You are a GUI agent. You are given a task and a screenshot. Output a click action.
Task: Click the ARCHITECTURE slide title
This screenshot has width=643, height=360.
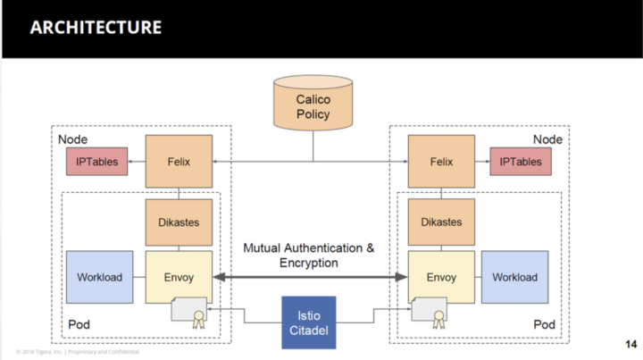point(96,27)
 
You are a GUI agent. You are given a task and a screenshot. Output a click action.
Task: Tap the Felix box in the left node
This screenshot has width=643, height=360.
point(179,161)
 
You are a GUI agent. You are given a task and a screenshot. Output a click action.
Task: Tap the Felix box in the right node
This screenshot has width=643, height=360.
point(439,161)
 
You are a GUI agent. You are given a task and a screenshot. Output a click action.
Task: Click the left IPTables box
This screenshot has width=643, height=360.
point(96,162)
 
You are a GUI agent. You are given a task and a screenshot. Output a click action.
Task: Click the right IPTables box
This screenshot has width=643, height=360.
point(521,162)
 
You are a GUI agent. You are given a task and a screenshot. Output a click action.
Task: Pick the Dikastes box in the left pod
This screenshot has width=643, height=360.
point(179,222)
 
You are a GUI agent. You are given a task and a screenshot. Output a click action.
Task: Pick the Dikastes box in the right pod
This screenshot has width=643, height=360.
point(439,222)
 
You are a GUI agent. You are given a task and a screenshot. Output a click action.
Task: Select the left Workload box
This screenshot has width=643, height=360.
point(97,277)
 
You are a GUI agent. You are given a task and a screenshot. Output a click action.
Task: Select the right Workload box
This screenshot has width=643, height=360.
point(515,277)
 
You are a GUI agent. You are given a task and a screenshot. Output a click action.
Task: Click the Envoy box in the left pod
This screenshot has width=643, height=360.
point(179,277)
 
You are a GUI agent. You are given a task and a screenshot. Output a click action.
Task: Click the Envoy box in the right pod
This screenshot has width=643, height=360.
point(439,277)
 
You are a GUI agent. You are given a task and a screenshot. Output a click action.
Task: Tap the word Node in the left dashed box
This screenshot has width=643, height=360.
point(72,140)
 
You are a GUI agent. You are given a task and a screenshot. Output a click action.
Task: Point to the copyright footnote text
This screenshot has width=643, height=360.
point(75,351)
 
